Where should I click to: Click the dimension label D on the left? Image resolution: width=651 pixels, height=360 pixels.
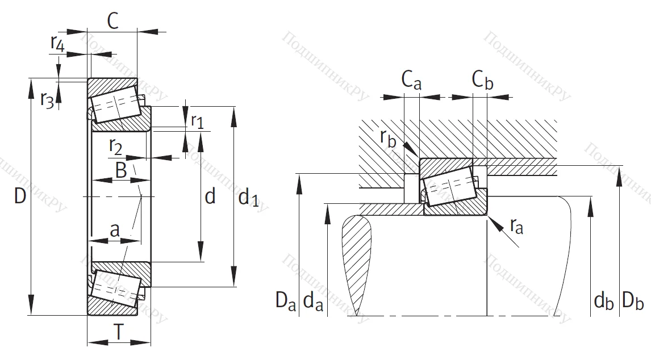point(20,196)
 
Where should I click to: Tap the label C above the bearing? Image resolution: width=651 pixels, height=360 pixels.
point(112,22)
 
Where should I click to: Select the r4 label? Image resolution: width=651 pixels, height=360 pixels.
point(57,43)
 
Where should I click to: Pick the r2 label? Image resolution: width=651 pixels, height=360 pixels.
point(115,147)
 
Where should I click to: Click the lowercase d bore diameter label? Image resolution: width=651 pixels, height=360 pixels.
point(210,196)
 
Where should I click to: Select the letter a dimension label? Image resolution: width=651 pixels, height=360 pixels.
point(114,230)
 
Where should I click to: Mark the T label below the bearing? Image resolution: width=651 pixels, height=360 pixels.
point(118,332)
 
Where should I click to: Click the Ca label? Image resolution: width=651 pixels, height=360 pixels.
point(411,81)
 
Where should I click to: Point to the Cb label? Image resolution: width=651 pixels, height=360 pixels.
point(482,81)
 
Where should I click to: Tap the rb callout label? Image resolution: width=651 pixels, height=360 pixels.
point(389,139)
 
